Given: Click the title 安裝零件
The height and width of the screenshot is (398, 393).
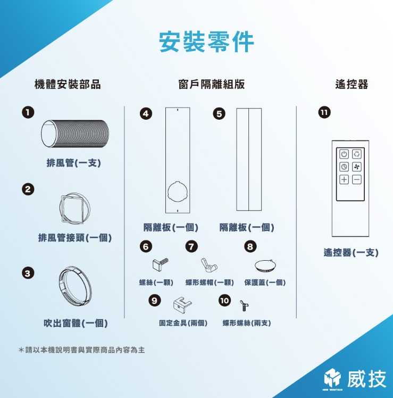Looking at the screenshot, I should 206,42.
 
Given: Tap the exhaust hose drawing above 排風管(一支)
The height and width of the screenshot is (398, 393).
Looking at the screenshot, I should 74,133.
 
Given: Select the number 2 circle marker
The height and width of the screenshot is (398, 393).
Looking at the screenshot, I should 27,189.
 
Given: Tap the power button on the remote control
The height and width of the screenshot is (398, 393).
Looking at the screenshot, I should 344,154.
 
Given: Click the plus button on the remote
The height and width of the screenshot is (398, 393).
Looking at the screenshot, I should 344,179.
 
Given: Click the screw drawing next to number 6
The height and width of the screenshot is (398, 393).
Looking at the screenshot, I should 161,262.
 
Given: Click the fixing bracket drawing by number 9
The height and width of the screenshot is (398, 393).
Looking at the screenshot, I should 180,304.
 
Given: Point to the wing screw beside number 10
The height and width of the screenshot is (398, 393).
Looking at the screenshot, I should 244,304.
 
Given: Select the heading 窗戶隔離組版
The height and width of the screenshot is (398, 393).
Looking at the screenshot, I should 211,84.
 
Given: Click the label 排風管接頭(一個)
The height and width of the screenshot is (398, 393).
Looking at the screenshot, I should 74,238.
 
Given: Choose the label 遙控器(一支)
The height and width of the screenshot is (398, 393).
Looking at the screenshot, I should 351,252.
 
